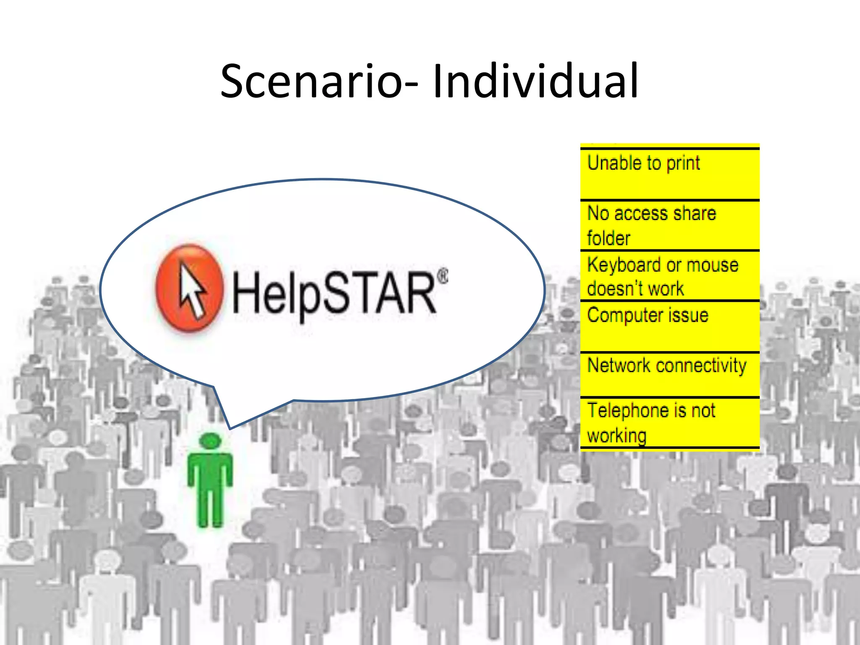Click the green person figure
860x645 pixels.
[210, 483]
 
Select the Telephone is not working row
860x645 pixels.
[670, 422]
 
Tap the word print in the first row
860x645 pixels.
[683, 163]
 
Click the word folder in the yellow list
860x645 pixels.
[608, 239]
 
